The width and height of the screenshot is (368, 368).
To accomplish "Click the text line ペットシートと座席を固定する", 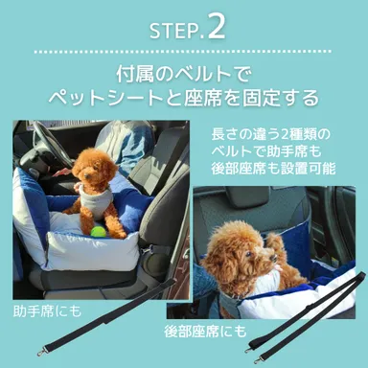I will [x=184, y=99].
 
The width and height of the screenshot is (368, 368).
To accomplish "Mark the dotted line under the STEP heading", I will [x=184, y=50].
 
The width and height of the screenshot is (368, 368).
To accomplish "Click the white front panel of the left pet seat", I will [x=91, y=252].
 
